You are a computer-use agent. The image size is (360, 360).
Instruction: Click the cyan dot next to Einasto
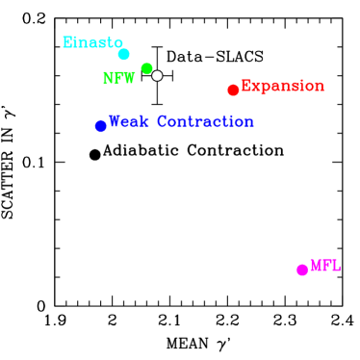click(123, 54)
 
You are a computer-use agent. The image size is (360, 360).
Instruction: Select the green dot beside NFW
click(146, 68)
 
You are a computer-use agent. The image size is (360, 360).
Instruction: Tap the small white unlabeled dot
click(157, 75)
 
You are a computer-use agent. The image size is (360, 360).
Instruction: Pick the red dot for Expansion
click(233, 90)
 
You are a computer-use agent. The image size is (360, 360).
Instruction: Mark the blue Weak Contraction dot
click(101, 126)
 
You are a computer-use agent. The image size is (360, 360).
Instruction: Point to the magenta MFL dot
click(302, 270)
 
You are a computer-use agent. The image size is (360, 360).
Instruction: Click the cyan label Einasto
click(92, 42)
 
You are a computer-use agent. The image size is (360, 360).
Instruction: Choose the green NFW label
click(119, 79)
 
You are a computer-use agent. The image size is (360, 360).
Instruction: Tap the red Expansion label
click(282, 86)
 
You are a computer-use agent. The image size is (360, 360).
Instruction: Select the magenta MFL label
click(325, 266)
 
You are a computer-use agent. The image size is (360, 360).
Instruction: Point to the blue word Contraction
click(205, 122)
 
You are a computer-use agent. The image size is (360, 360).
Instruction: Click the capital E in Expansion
click(246, 86)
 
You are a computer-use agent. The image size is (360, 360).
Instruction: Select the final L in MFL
click(336, 266)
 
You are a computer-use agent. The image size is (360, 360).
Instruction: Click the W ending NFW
click(129, 79)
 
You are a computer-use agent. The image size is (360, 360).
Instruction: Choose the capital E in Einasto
click(67, 42)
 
